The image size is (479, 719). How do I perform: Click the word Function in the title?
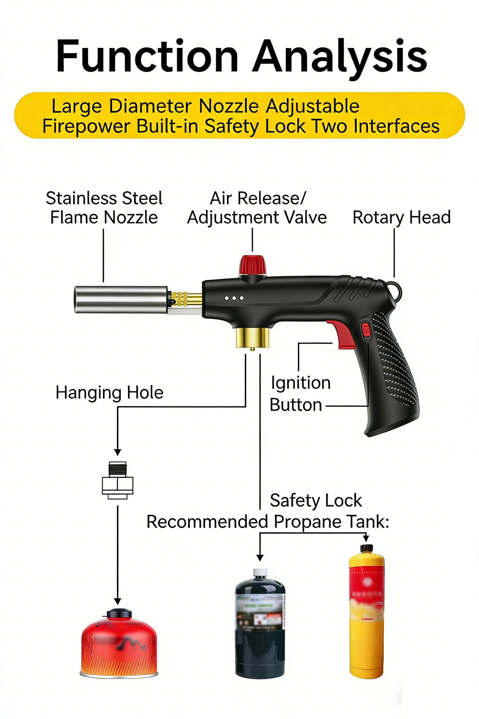point(147,56)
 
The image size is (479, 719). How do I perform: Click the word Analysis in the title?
point(340,56)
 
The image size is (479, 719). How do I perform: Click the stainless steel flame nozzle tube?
point(121,299)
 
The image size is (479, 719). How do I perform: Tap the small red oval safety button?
point(366,331)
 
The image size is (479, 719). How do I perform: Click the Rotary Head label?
point(401,217)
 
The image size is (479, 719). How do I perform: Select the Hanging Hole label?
point(109,392)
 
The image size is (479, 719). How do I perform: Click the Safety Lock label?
point(316,501)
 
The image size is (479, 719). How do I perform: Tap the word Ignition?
point(301,383)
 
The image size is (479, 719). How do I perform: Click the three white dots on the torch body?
point(234,298)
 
